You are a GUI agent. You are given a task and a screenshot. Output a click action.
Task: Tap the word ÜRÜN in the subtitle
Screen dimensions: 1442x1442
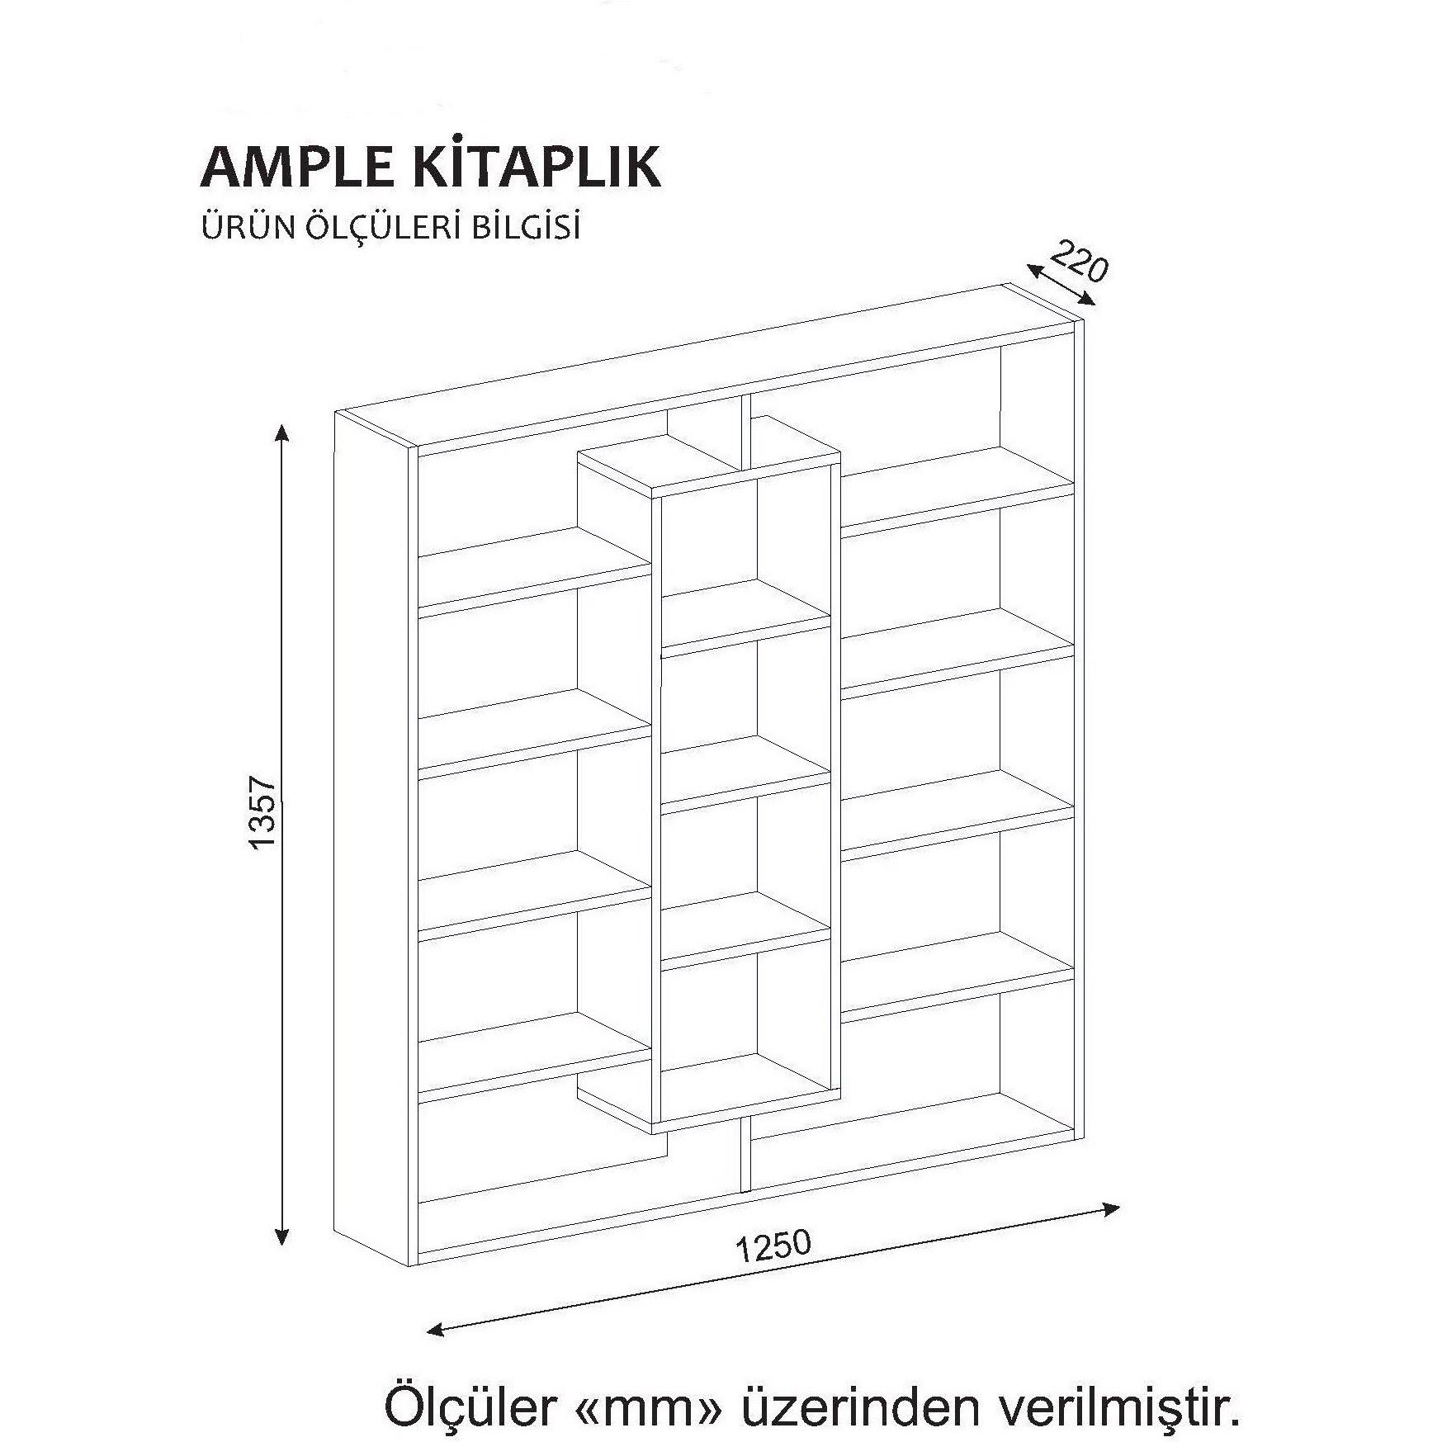click(x=239, y=228)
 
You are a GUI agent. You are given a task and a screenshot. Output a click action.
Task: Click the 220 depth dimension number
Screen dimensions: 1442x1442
click(x=1079, y=262)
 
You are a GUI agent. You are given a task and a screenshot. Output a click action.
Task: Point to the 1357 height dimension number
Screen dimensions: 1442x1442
click(x=262, y=812)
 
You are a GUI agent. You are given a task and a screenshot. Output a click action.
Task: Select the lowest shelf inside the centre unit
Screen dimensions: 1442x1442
click(x=743, y=1077)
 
